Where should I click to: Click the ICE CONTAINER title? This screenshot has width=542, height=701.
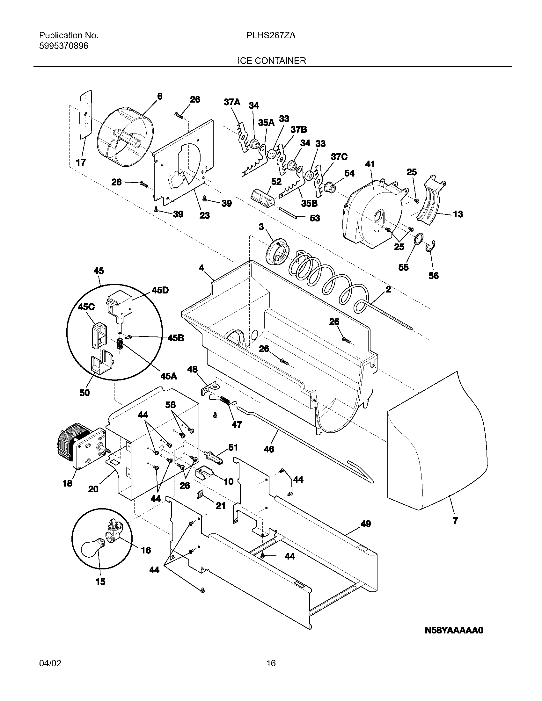pos(271,60)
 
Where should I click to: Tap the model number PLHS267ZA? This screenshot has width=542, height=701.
pos(271,36)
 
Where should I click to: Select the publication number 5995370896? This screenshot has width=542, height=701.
pos(63,46)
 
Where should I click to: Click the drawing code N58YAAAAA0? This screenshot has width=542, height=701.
pos(454,630)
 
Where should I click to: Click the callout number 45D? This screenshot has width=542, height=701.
pos(160,290)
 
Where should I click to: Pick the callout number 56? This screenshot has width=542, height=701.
pos(434,275)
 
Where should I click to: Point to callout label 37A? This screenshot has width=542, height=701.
pos(232,102)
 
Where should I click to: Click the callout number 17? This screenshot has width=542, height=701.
pos(81,163)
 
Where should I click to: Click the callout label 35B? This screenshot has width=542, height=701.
pos(309,203)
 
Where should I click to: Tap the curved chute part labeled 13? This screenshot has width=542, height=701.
pos(431,199)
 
